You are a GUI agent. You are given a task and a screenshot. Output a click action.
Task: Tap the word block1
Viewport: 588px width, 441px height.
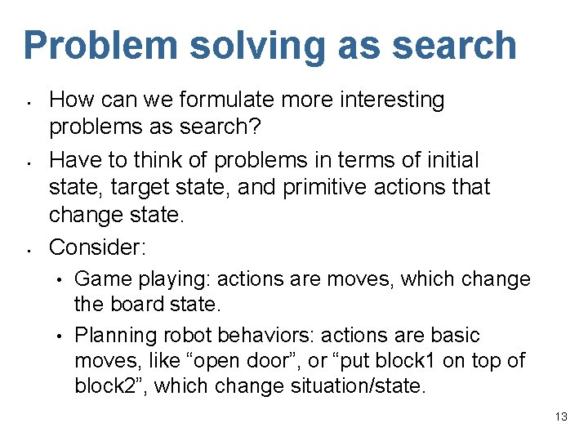(421, 359)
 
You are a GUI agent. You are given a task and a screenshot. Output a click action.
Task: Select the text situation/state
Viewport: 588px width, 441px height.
(359, 386)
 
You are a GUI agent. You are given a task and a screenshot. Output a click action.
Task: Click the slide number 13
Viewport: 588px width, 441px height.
(560, 416)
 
